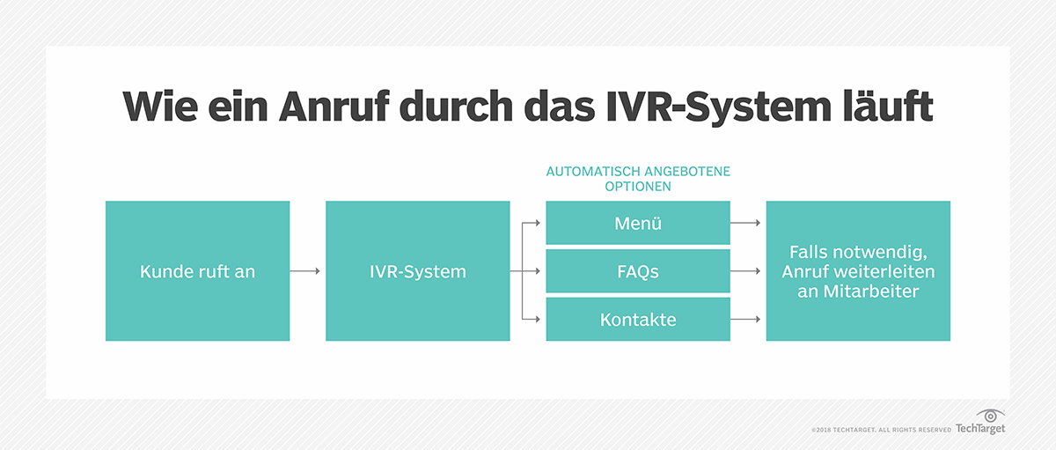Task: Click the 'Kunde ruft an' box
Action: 197,271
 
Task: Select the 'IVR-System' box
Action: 417,271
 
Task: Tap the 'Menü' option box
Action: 638,223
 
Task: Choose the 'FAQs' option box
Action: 638,271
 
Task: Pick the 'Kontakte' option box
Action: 638,319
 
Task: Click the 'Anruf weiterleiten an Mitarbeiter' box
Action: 858,271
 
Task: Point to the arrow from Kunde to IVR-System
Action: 306,271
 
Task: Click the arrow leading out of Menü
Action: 746,223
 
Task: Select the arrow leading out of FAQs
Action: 746,271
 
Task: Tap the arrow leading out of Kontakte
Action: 746,319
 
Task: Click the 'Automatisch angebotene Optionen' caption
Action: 638,180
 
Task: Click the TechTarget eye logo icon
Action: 992,416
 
